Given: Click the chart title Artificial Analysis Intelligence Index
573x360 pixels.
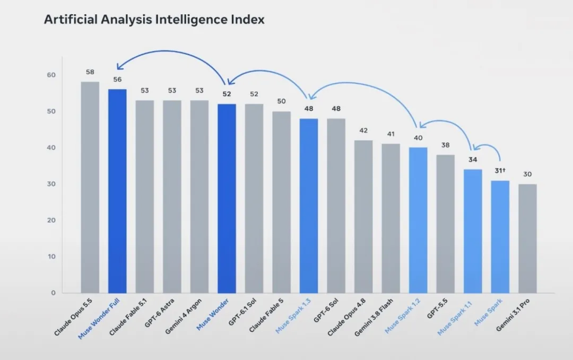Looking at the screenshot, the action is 154,19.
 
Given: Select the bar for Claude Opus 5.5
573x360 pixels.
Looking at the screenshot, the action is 90,187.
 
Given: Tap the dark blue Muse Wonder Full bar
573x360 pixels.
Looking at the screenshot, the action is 117,191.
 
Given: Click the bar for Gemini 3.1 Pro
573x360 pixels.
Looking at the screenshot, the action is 527,239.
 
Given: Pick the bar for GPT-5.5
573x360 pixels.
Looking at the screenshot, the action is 446,224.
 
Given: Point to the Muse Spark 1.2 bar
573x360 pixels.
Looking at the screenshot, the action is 418,220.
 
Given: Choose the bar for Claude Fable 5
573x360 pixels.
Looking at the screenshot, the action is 281,202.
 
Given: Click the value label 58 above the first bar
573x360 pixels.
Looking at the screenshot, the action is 90,72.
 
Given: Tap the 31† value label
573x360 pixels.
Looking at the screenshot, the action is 500,171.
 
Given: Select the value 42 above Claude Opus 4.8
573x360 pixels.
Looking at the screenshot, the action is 363,130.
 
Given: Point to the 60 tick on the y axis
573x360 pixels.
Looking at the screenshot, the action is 51,75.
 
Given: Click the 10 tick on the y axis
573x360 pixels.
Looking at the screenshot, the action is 51,256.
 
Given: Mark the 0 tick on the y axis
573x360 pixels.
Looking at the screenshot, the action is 54,293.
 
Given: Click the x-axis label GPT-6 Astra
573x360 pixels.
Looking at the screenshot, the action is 159,313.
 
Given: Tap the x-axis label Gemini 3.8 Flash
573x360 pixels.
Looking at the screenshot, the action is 374,317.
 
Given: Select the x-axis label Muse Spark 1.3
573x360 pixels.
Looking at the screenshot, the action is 293,316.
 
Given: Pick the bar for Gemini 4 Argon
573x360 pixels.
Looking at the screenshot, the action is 199,196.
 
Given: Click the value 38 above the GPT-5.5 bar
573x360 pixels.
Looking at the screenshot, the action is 446,145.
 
